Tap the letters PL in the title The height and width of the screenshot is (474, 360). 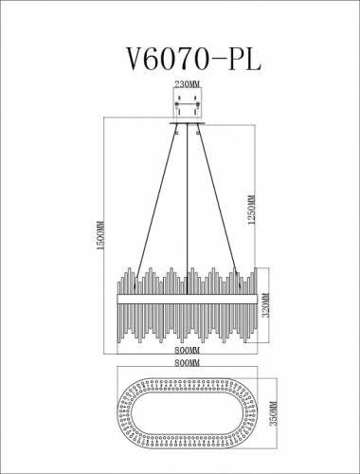(241, 56)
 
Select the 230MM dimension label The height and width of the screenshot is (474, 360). (188, 85)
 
